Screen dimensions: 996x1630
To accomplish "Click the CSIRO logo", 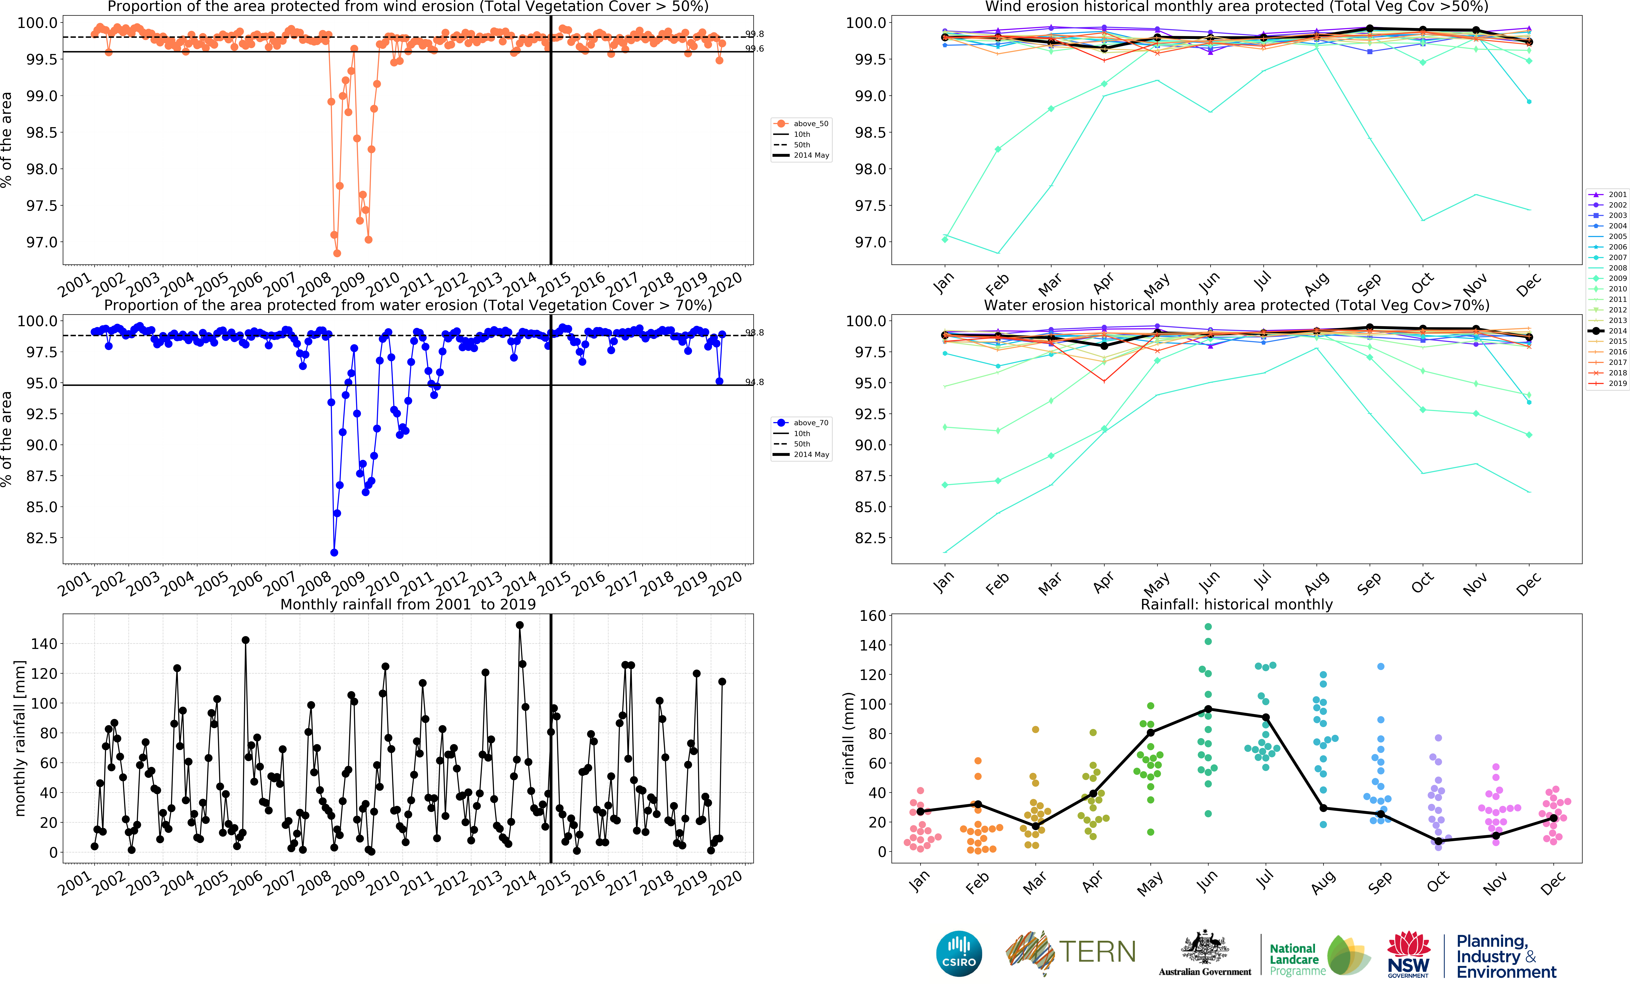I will tap(959, 954).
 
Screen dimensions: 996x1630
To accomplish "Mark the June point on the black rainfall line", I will tap(1208, 709).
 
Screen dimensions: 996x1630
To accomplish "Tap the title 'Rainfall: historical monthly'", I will tap(1236, 604).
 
